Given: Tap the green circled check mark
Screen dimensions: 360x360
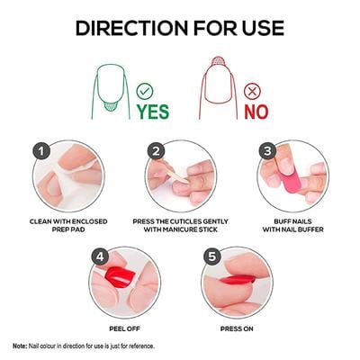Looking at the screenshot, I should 144,90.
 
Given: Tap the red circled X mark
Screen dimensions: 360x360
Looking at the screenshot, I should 252,90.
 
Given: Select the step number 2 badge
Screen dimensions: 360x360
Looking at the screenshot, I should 156,152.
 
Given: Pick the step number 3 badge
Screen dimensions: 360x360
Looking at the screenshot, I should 266,151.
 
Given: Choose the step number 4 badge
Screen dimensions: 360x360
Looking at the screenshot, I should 99,256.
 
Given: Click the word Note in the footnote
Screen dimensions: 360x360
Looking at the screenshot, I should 20,346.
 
